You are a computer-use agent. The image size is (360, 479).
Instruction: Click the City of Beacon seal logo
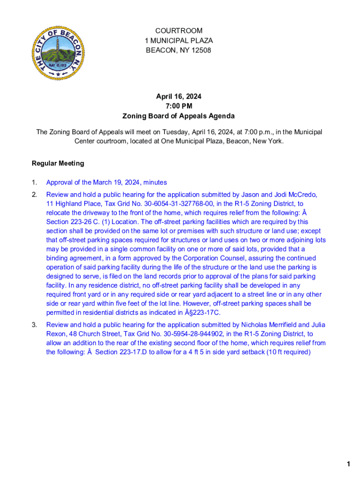tap(58, 53)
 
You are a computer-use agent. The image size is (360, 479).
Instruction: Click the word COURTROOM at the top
tap(179, 31)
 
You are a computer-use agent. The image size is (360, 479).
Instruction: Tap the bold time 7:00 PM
tap(179, 106)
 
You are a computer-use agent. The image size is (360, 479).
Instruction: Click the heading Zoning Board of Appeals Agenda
tap(179, 116)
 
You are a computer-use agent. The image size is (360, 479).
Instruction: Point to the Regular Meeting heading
tap(58, 163)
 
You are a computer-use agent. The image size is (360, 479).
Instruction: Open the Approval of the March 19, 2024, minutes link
tap(107, 182)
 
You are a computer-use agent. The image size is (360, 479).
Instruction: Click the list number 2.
tap(34, 195)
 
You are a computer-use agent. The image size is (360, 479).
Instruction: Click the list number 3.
tap(34, 325)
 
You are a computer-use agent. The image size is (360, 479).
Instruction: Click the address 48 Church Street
tap(95, 334)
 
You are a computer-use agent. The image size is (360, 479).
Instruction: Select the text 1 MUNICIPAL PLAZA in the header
tap(179, 41)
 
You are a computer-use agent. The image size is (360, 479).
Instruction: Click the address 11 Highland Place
tap(70, 204)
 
